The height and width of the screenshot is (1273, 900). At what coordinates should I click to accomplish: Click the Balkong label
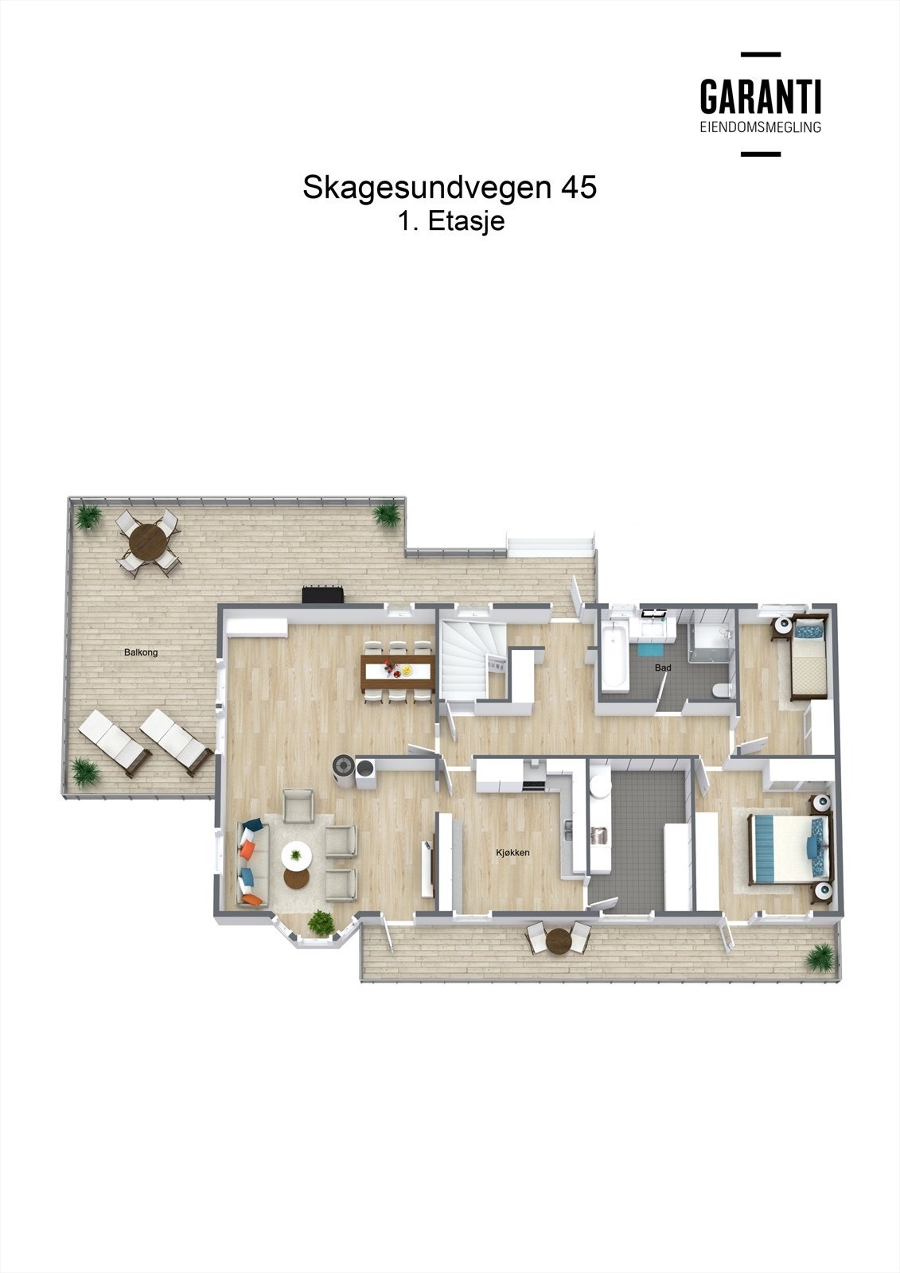[141, 652]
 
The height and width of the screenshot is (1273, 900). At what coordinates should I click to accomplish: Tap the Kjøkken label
[512, 853]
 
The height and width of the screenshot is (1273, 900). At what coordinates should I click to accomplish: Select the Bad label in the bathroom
[663, 668]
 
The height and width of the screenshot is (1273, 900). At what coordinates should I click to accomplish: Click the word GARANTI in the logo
[760, 97]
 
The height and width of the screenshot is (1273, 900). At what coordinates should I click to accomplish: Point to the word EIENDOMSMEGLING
[760, 127]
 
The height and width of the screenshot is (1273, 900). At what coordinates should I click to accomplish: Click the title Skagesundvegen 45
[449, 188]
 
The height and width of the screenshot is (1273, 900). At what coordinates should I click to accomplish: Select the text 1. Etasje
[451, 221]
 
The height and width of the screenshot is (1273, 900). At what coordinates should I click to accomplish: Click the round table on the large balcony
[149, 541]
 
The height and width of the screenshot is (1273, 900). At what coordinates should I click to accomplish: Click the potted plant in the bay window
[321, 923]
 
